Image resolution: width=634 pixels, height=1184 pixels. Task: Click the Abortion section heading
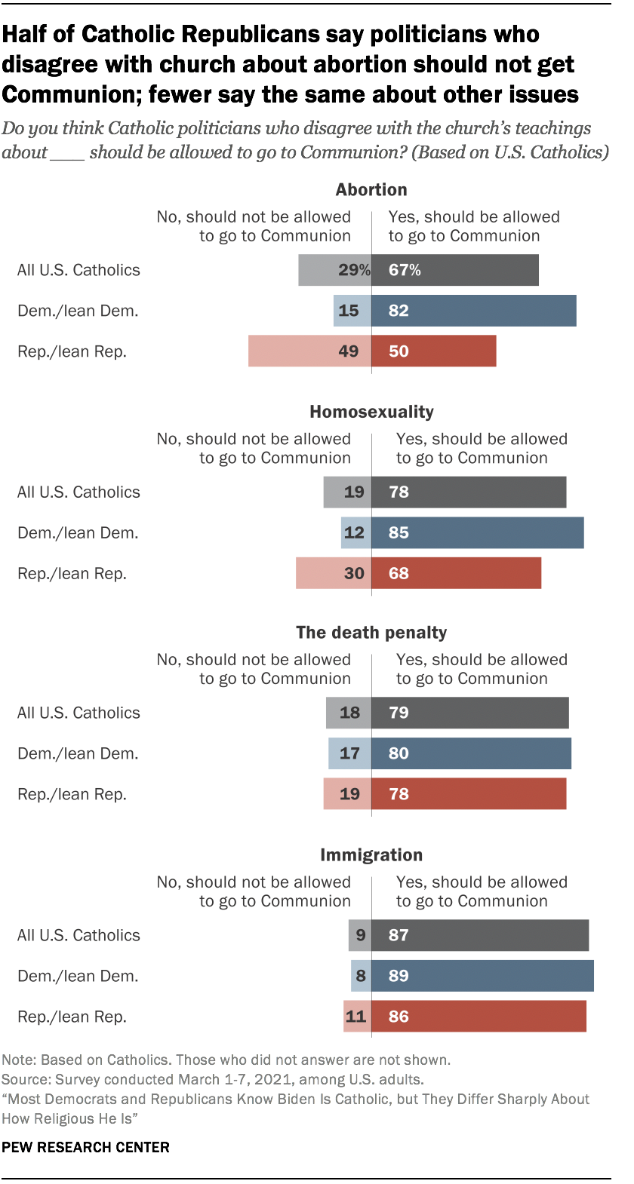tap(371, 190)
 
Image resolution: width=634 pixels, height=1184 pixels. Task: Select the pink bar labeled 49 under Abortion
tap(309, 351)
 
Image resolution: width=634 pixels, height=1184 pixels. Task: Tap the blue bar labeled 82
tap(474, 311)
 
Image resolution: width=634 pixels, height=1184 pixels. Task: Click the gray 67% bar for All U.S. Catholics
tap(455, 270)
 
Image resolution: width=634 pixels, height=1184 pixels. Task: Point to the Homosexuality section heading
tap(371, 412)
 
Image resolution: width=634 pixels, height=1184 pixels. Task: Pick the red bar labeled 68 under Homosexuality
tap(456, 573)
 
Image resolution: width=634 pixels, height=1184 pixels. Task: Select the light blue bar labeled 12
tap(355, 532)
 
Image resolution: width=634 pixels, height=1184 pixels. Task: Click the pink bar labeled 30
tap(333, 573)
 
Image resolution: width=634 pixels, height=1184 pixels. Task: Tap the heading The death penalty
tap(371, 633)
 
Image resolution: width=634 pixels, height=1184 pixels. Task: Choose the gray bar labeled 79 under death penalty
tap(469, 713)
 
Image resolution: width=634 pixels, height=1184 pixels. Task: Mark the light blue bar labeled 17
tap(349, 753)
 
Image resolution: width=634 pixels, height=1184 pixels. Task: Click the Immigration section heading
tap(371, 855)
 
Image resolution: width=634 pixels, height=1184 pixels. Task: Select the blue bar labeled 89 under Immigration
tap(482, 976)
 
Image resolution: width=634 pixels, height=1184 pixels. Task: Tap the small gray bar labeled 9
tap(360, 935)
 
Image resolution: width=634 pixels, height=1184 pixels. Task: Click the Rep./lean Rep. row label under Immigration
tap(72, 1017)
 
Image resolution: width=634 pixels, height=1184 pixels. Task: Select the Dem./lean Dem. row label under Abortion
tap(78, 311)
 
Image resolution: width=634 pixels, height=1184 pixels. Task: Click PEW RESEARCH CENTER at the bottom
tap(85, 1147)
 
